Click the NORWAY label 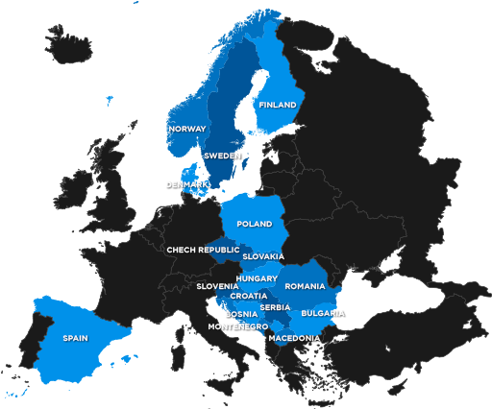point(186,129)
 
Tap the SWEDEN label point(222,156)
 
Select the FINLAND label point(277,105)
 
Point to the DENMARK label point(186,184)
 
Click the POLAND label point(255,224)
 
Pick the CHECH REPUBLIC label point(203,250)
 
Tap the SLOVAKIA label point(262,256)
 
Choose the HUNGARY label point(257,278)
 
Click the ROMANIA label point(306,286)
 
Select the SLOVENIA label point(217,286)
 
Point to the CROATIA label point(249,296)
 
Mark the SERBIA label point(275,307)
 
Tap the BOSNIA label point(241,314)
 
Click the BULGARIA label point(323,313)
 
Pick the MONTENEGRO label point(237,326)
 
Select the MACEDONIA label point(294,338)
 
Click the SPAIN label point(76,338)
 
